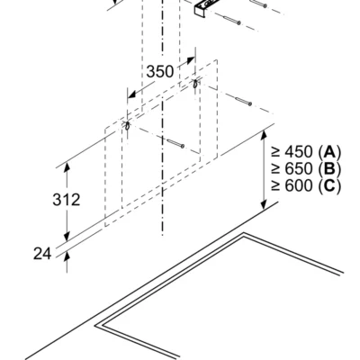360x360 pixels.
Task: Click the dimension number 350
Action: coord(160,71)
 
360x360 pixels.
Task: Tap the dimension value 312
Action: coord(67,200)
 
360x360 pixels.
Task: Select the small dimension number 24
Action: coord(42,254)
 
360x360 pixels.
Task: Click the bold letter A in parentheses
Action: coord(329,152)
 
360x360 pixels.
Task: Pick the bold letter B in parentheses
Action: coord(329,169)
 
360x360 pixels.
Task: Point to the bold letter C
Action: coord(329,186)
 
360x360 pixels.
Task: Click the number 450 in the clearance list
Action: coord(299,152)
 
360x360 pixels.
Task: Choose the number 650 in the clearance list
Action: coord(299,169)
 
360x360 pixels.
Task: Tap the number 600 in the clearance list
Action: coord(299,186)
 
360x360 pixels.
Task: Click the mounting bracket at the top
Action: coord(204,8)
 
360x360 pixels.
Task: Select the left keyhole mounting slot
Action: coord(127,126)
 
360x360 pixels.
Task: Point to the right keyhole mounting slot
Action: coord(195,83)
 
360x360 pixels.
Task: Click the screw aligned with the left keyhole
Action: coord(175,143)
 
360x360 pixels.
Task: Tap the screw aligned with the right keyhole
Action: coord(243,102)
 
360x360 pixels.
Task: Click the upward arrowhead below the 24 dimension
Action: coord(67,256)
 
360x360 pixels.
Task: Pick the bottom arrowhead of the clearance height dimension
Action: coord(264,203)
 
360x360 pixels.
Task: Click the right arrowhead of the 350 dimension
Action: coord(190,60)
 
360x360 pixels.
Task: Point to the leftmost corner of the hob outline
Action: coord(95,326)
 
